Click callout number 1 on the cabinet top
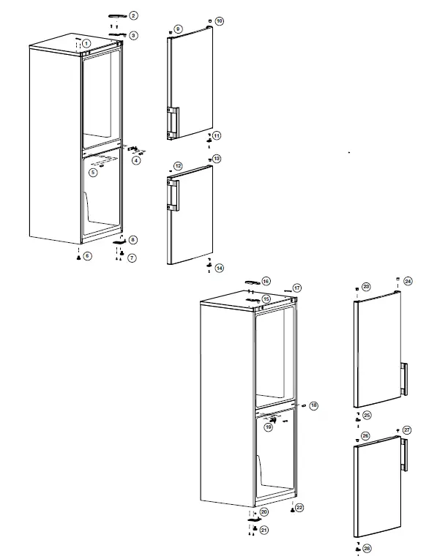point(87,44)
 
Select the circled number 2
point(134,15)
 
